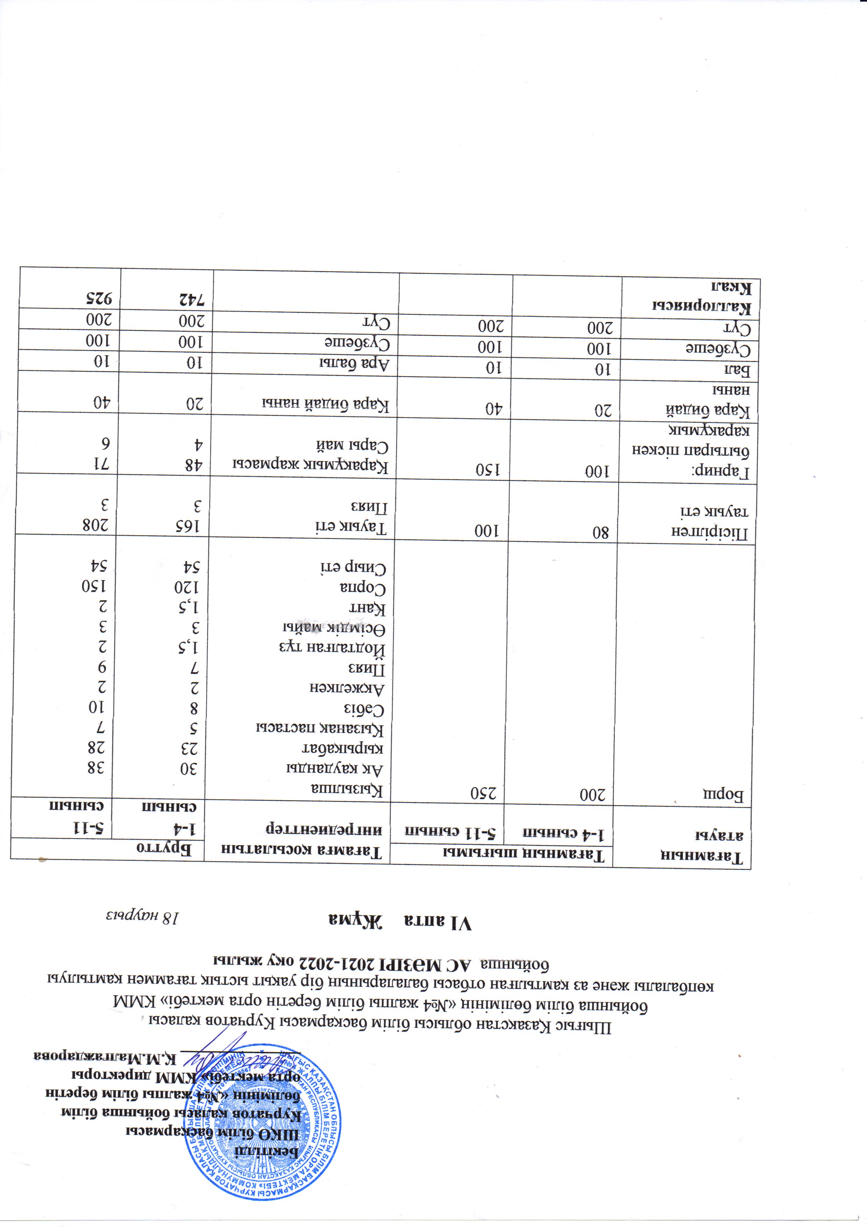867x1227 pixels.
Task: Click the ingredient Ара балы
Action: click(355, 363)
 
